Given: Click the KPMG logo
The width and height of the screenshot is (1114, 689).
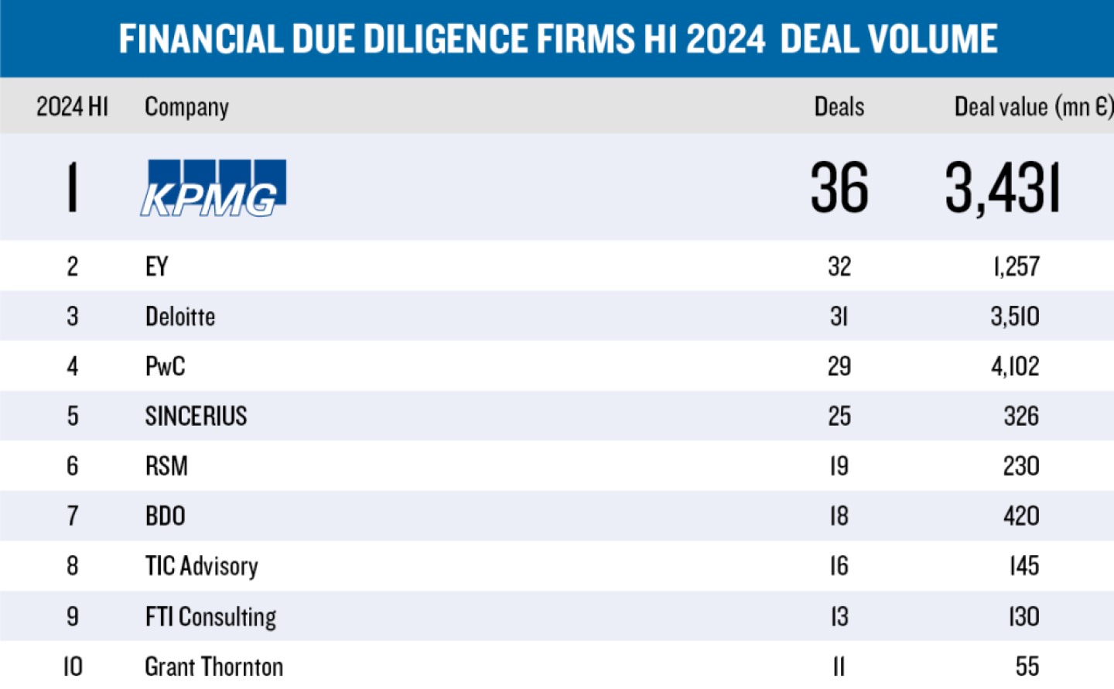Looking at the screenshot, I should (x=214, y=187).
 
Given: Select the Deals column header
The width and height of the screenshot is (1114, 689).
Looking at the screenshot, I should (x=839, y=106).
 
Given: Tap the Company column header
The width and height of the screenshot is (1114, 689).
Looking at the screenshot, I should (x=186, y=107).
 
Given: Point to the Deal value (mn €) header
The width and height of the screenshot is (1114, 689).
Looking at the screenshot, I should (x=1033, y=106).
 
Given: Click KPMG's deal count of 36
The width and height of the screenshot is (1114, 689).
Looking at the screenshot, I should (x=839, y=187).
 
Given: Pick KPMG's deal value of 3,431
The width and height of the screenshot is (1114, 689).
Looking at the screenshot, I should (x=1003, y=188).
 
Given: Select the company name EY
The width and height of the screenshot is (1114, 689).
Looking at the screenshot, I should (x=157, y=266).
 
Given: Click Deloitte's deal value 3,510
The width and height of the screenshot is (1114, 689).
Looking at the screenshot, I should (x=1015, y=316).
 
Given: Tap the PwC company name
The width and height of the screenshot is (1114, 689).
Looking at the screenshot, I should (x=166, y=366).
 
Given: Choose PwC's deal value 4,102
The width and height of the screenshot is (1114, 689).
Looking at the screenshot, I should (x=1015, y=366).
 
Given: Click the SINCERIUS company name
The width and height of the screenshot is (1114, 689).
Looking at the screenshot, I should (x=196, y=416).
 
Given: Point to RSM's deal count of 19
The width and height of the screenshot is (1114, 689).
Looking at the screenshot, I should (x=839, y=466).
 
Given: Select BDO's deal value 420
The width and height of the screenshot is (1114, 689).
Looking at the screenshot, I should (x=1021, y=516).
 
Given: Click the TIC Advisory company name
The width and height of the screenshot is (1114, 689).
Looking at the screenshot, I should (x=202, y=566).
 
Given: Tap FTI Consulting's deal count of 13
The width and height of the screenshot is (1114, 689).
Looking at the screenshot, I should (x=839, y=616).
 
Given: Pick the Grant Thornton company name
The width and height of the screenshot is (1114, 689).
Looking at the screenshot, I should (x=214, y=667).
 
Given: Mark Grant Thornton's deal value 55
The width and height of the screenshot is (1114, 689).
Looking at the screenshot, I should (x=1027, y=667).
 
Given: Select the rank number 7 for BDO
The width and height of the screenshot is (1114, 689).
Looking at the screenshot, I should (x=73, y=516).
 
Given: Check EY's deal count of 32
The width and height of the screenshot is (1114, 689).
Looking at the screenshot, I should (x=839, y=266).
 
